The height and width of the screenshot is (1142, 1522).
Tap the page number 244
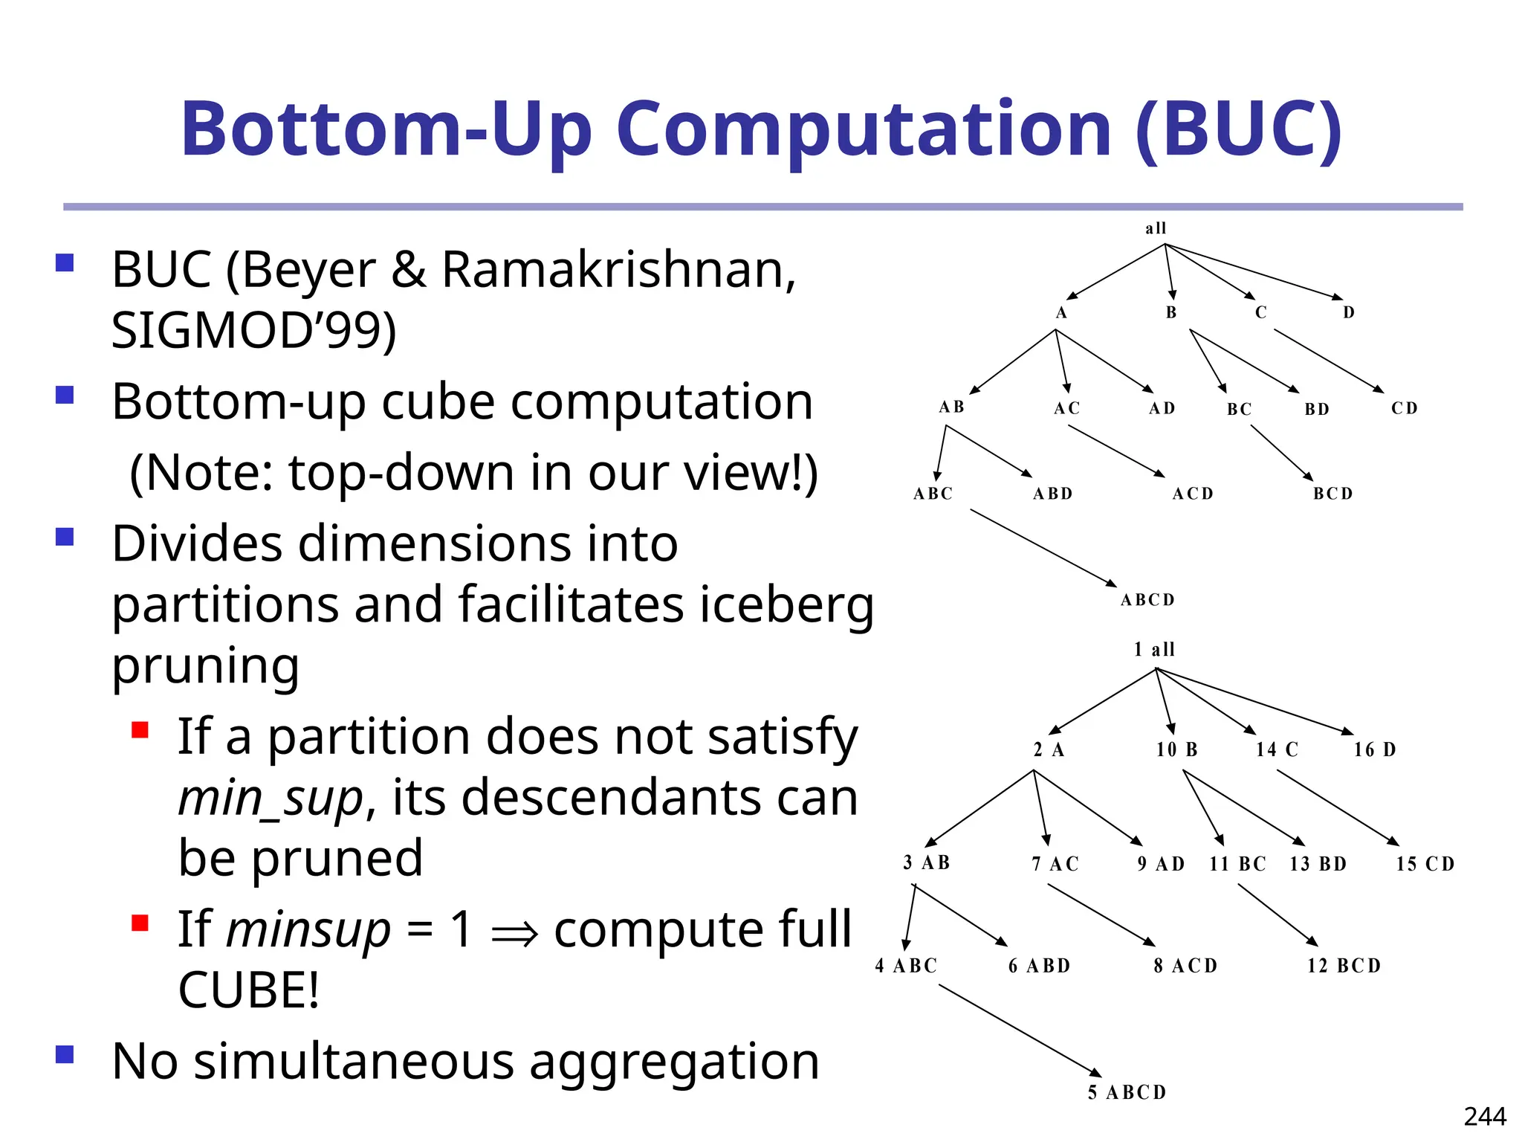(1484, 1116)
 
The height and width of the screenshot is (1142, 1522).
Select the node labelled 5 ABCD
(1127, 1092)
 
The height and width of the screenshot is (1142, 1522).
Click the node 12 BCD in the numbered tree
(1344, 966)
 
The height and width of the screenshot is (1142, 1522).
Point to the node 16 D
(1374, 749)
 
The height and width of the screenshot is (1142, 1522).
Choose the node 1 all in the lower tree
(1154, 650)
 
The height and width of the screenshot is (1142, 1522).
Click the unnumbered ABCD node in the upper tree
(1147, 600)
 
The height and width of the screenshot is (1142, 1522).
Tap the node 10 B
(1176, 749)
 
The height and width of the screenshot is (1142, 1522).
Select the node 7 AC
(1055, 864)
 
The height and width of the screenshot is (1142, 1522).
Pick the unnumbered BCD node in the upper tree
(1332, 494)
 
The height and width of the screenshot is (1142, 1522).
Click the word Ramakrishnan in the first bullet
(618, 269)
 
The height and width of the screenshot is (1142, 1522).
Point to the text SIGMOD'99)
(253, 329)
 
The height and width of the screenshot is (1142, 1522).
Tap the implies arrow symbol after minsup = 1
(514, 932)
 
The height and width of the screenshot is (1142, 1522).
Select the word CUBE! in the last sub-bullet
(249, 990)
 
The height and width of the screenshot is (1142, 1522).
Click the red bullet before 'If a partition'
(140, 729)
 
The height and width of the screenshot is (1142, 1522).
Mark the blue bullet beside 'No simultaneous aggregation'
(65, 1054)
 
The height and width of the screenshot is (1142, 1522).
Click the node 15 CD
(1425, 864)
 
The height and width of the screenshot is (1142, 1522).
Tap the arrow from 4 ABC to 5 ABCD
(1018, 1030)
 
